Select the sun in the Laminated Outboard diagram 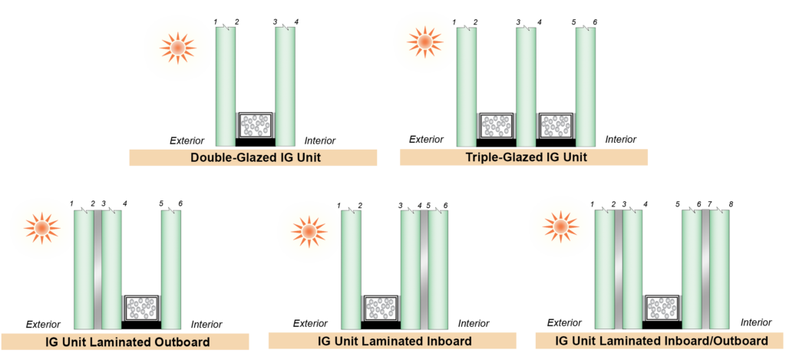(40, 228)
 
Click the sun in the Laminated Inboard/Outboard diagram (560, 226)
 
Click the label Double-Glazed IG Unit (253, 158)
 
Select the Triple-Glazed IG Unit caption (523, 157)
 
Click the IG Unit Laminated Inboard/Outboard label (661, 340)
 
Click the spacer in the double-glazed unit (256, 126)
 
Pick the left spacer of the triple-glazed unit (496, 126)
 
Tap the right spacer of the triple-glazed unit (556, 126)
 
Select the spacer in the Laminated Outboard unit (141, 309)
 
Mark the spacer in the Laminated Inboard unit (381, 309)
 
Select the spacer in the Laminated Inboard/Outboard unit (662, 309)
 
